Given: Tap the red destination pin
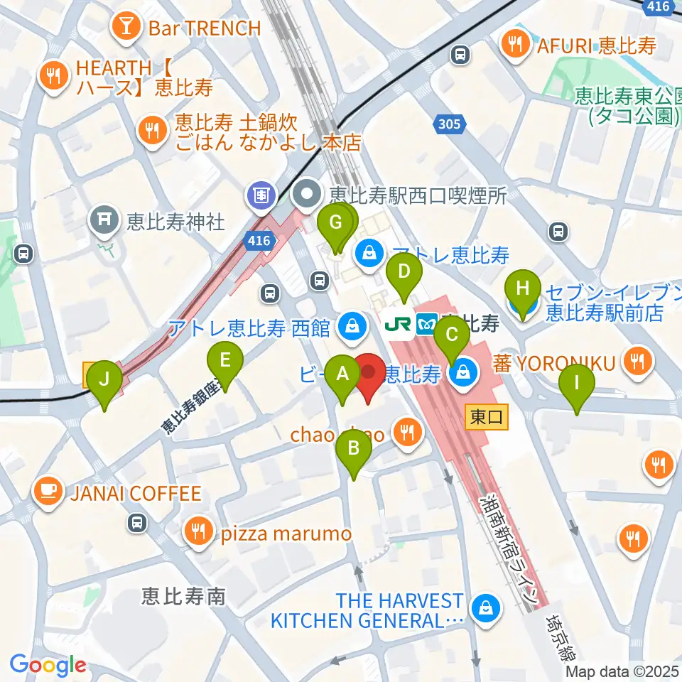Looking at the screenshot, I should click(x=369, y=377).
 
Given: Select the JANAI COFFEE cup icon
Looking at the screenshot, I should click(x=49, y=492).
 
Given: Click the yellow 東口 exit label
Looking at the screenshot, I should click(x=487, y=417).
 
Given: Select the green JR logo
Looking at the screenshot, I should click(x=397, y=325).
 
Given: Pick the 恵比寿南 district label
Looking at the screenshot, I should click(x=183, y=595).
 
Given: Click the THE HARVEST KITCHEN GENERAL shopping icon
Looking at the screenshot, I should click(x=487, y=610).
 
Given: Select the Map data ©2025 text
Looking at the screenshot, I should click(x=622, y=671).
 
